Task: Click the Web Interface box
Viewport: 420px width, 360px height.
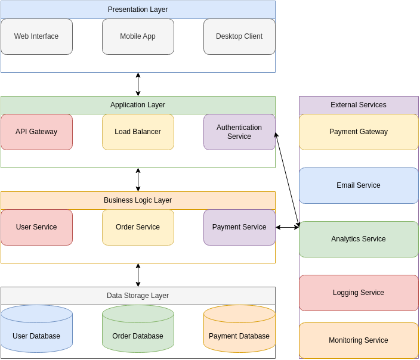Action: (x=36, y=36)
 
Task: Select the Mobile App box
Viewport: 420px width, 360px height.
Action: (x=138, y=36)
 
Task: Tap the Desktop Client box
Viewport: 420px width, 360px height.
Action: (x=239, y=36)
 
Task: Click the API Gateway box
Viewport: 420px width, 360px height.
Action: (x=36, y=132)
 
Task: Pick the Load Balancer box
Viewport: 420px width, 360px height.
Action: (x=138, y=132)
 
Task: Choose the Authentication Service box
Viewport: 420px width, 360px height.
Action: (x=239, y=132)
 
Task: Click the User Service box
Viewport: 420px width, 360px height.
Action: (x=36, y=227)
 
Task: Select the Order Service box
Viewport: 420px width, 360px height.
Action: (x=138, y=227)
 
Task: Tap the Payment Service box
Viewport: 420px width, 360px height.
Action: (x=239, y=227)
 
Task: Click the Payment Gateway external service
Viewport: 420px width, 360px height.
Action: (x=359, y=132)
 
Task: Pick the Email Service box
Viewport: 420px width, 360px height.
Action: (x=359, y=185)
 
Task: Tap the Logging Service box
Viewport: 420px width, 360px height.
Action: (x=359, y=293)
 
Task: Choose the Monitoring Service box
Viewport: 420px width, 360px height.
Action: (x=359, y=340)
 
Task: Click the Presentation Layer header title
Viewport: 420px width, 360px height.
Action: (x=138, y=10)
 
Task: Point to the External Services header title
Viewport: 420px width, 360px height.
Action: (x=359, y=105)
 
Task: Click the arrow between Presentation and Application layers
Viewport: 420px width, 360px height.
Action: (x=138, y=85)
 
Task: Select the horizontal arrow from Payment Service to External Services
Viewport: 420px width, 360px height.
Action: (x=287, y=227)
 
